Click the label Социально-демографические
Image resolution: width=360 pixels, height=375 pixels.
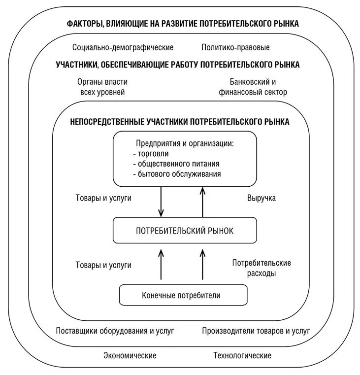[123, 48]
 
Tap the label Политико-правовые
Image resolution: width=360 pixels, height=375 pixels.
[235, 48]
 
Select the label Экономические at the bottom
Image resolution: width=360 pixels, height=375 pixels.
[130, 355]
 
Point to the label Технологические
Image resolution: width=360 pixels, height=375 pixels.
[242, 355]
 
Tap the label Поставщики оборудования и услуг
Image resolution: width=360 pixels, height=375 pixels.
[115, 331]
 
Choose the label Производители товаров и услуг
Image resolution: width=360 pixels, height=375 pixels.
[256, 331]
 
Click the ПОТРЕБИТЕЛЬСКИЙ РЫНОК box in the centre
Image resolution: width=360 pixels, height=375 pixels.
[185, 230]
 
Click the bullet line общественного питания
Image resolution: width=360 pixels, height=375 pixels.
[176, 164]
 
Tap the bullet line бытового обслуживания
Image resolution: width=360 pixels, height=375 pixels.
[177, 173]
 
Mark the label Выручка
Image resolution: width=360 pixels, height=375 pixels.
[261, 198]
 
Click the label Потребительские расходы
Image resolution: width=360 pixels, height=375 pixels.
[262, 268]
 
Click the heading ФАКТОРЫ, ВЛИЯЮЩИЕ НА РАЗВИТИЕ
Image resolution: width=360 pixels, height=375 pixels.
[183, 23]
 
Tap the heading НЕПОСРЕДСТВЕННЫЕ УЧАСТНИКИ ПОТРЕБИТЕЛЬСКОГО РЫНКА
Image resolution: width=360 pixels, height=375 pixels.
[180, 121]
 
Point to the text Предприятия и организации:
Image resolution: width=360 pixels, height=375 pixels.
[185, 143]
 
